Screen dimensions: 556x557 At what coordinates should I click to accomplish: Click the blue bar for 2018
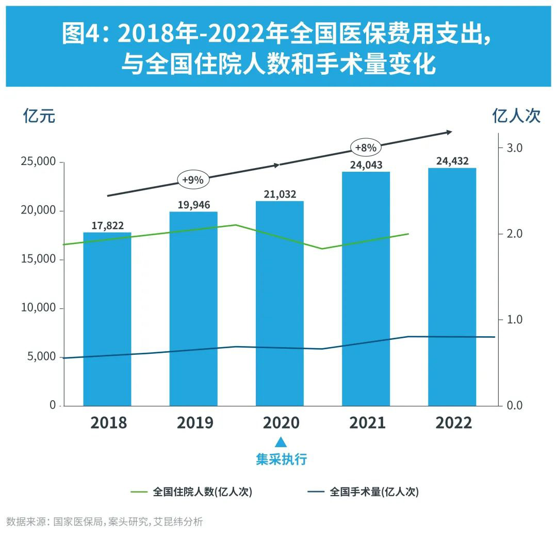coord(107,320)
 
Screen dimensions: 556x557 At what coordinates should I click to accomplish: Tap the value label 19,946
coord(194,205)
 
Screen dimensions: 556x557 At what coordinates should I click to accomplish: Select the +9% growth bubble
coord(193,180)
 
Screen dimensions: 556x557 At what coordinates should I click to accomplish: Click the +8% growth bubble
coord(366,148)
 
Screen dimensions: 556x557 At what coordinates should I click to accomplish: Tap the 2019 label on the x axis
coord(194,423)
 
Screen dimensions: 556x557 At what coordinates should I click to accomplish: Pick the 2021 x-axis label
coord(367,423)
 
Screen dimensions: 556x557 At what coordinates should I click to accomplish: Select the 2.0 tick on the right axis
coord(514,234)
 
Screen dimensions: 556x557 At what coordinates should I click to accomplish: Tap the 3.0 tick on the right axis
coord(514,148)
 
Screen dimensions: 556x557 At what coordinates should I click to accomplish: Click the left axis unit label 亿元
coord(39,116)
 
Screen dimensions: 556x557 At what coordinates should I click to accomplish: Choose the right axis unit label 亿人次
coord(516,116)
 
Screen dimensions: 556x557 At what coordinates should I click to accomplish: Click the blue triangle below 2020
coord(281,442)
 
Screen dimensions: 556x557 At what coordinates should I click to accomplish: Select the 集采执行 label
coord(281,459)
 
